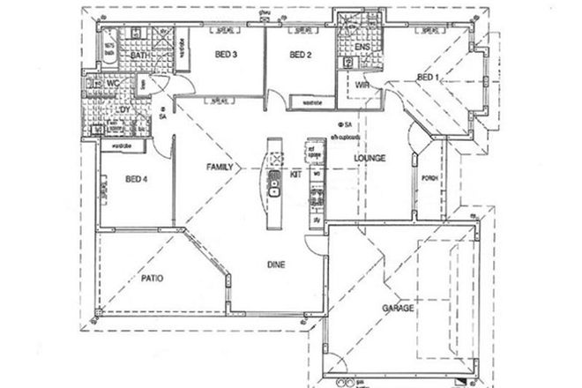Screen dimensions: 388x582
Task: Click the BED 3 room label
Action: (226, 55)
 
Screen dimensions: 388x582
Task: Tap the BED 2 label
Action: (301, 55)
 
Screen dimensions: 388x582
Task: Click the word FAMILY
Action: (220, 166)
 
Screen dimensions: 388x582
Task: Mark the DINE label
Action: (277, 263)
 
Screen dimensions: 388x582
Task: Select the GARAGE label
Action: (398, 309)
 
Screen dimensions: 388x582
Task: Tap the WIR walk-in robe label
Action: (362, 85)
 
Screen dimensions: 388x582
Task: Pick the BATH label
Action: (138, 57)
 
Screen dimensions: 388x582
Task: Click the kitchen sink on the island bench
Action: (273, 188)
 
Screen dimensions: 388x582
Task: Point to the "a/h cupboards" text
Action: (340, 137)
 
